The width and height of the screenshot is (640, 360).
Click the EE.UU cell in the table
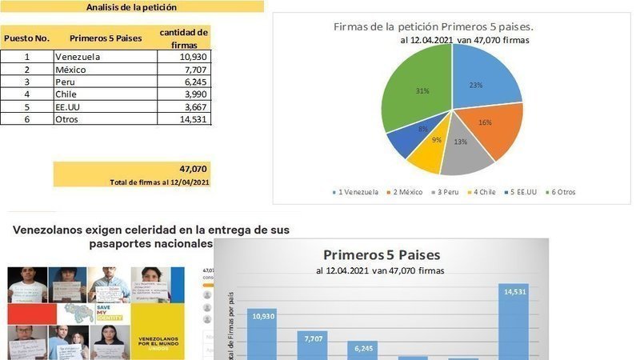[x=69, y=106]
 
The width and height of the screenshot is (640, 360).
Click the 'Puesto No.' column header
[x=26, y=38]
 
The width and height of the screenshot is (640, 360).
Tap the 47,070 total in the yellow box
[x=193, y=169]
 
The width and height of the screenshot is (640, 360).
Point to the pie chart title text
[x=433, y=26]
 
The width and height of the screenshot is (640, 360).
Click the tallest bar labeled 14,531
[x=514, y=320]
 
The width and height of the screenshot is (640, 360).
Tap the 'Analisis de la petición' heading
[x=131, y=7]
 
